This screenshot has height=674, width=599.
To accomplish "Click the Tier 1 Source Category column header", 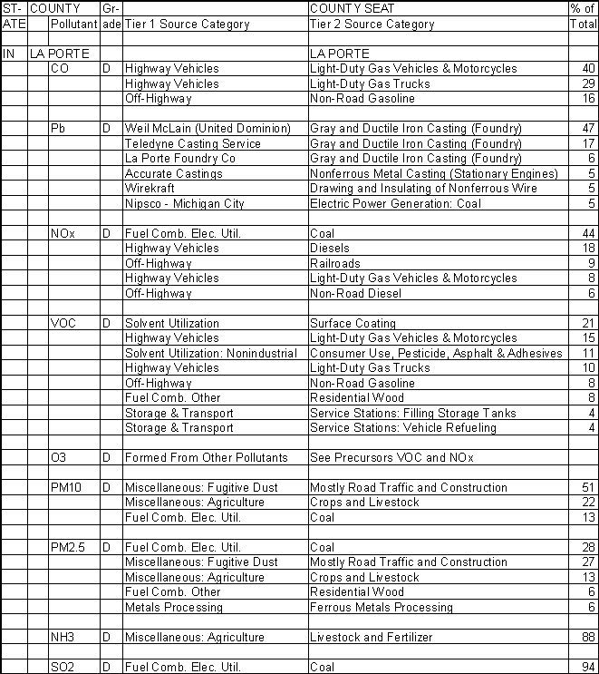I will (187, 24).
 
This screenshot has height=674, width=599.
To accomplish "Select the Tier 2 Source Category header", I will (372, 24).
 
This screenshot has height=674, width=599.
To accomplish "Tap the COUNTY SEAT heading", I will (355, 8).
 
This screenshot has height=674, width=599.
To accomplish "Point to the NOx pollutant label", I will (63, 233).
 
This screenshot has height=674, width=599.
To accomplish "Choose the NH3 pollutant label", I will (63, 638).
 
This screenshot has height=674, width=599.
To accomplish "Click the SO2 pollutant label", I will (63, 668).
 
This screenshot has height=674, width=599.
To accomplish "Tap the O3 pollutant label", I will (59, 458).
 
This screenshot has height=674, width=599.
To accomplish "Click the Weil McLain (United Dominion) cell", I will (208, 129).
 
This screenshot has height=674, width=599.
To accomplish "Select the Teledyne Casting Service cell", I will (192, 143).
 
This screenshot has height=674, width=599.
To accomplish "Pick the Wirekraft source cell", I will (150, 189).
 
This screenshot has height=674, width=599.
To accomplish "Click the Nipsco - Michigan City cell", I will (184, 203).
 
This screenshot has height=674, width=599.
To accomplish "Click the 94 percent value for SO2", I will (588, 668).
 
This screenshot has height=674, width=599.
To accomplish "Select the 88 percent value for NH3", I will (588, 638).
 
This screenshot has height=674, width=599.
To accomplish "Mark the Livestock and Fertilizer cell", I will (371, 638).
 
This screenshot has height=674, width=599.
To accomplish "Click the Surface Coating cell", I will (353, 323).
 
